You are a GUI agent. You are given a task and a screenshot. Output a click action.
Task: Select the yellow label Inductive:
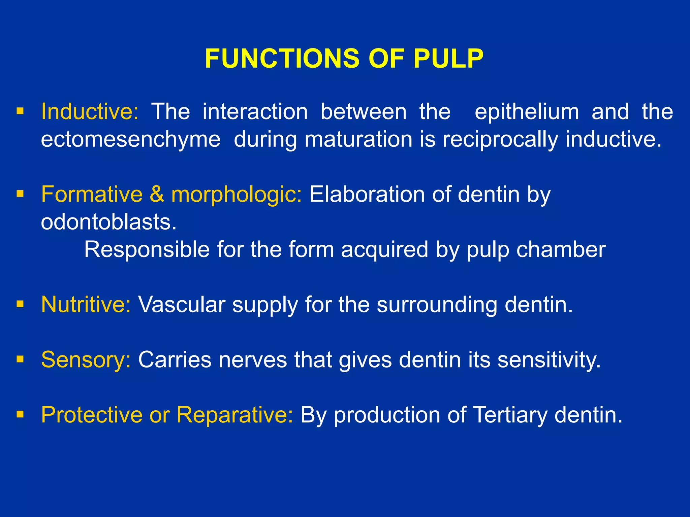[x=90, y=111]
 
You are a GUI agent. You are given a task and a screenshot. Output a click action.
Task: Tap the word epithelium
[x=527, y=111]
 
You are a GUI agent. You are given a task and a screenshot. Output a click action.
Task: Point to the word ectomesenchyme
[x=131, y=139]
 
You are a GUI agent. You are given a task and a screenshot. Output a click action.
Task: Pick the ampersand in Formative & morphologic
[x=157, y=194]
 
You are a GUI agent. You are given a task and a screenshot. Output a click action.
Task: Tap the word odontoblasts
[x=108, y=222]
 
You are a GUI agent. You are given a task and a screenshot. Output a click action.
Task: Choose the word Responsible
[x=147, y=249]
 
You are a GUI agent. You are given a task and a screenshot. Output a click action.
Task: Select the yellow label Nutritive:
[x=86, y=304]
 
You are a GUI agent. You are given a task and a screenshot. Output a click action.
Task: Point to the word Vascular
[x=182, y=304]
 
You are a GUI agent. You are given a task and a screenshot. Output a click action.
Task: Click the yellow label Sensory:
[x=86, y=360]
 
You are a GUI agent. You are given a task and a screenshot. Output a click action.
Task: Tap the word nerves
[x=253, y=359]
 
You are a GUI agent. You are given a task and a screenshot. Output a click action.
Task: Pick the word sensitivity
[x=549, y=360]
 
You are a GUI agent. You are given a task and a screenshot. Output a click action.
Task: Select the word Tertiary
[x=510, y=415]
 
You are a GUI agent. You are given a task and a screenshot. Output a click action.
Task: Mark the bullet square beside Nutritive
[x=21, y=304]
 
